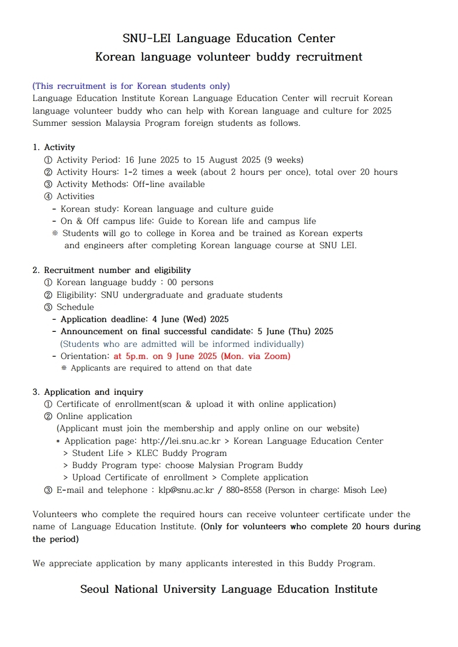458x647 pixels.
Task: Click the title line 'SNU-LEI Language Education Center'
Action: tap(229, 39)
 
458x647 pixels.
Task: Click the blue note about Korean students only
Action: tap(131, 86)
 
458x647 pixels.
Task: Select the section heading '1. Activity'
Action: tap(54, 147)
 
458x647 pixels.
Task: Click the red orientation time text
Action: tap(202, 356)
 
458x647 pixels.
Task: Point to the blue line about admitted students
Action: tap(182, 344)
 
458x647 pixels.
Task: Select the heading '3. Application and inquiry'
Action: tap(88, 392)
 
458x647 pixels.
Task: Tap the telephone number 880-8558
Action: tap(242, 490)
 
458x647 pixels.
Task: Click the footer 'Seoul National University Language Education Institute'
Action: tap(229, 589)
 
